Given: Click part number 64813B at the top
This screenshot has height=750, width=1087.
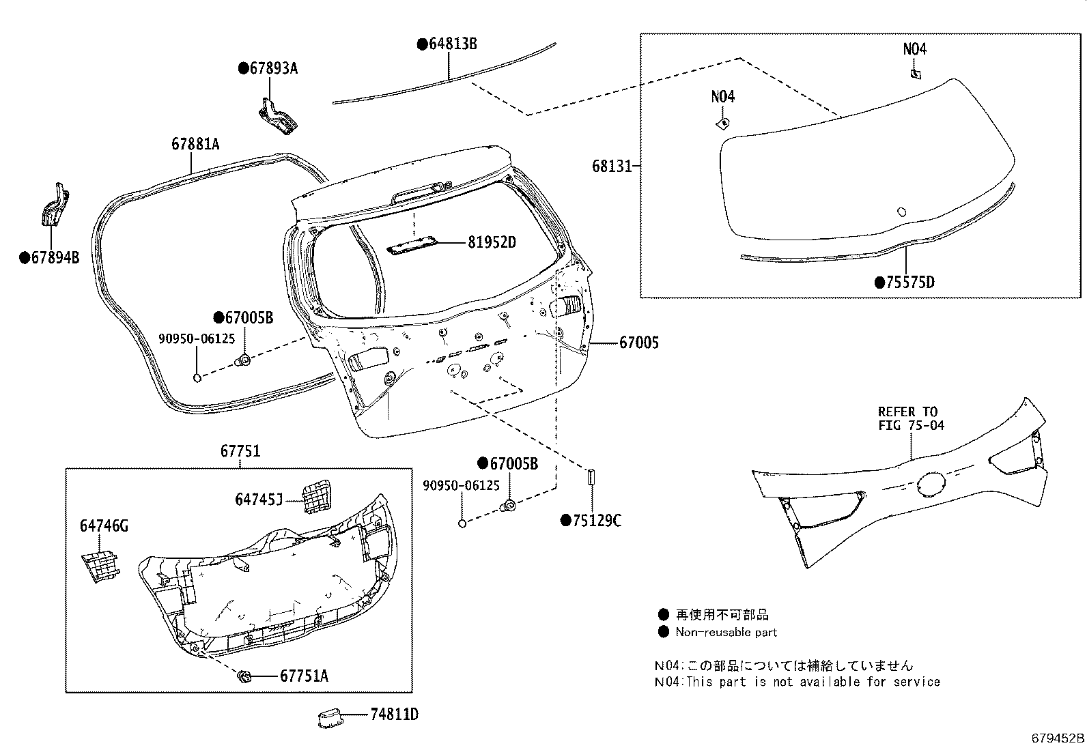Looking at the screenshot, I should (451, 44).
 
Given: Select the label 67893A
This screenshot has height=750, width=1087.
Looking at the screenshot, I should (272, 68).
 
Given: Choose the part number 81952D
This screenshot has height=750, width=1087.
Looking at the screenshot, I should (492, 242).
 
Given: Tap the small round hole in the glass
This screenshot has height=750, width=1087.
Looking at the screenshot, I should (901, 212).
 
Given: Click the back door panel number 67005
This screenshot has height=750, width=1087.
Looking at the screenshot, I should (639, 343).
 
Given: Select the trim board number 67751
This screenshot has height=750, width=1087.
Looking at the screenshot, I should (240, 451).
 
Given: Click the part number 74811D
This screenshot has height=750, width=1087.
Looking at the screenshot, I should (394, 715).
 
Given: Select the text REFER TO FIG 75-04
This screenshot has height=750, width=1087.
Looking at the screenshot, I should (907, 418).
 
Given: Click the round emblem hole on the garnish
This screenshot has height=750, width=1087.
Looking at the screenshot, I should (932, 484).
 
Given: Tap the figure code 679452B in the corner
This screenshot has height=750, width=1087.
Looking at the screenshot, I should (1057, 738).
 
